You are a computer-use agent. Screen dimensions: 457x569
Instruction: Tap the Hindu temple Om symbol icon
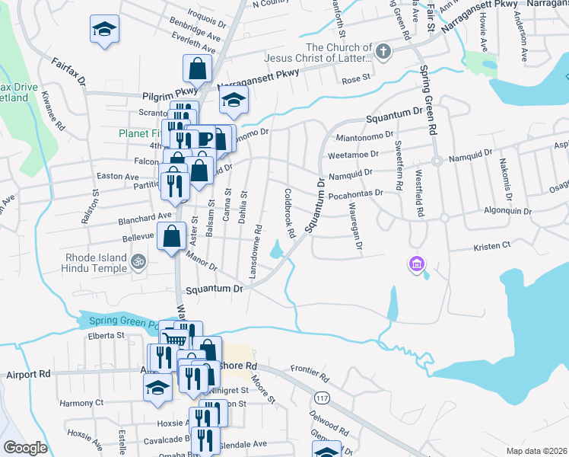click(138, 262)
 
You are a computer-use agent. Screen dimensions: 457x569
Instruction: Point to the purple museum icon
click(416, 264)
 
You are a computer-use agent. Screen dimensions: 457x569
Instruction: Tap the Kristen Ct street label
click(491, 247)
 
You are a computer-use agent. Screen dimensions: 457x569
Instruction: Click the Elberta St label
click(106, 334)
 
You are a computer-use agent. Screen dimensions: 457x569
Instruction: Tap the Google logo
click(25, 448)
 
